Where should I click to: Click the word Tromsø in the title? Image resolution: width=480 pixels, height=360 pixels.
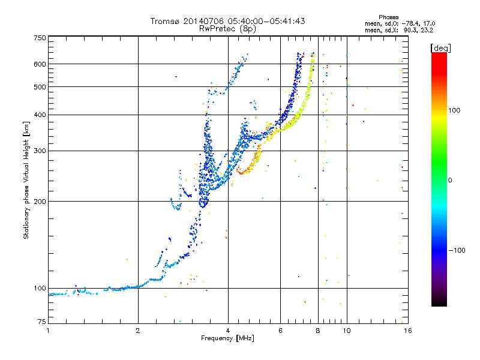(x=164, y=21)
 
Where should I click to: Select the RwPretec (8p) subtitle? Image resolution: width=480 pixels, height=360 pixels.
(x=227, y=28)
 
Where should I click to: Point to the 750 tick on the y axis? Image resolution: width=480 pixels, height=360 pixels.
(x=40, y=38)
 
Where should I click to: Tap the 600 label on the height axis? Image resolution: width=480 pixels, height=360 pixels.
(x=40, y=64)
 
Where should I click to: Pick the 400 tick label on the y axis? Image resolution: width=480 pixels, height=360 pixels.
(x=40, y=115)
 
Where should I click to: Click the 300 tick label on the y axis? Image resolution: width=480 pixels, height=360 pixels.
(x=40, y=151)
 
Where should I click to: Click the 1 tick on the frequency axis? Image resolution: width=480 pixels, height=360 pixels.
(x=48, y=331)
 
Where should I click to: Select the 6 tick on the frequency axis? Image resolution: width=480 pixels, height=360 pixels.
(x=281, y=331)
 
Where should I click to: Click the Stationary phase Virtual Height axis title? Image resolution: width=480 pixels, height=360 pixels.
(x=26, y=181)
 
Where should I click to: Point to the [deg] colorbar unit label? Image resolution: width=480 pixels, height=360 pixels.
(x=441, y=47)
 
